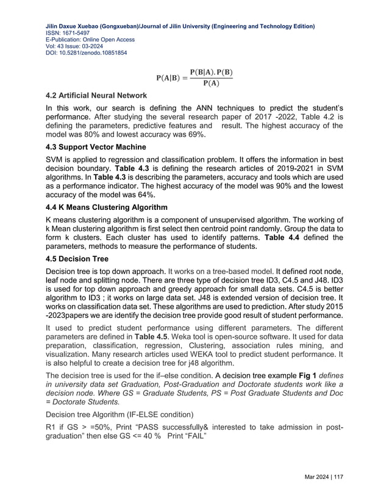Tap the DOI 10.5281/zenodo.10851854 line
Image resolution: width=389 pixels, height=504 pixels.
point(87,53)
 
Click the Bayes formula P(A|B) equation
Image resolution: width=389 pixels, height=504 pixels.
point(194,78)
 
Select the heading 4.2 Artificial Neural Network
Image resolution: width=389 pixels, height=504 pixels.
point(98,96)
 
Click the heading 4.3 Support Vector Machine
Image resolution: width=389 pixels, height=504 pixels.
point(97,147)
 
